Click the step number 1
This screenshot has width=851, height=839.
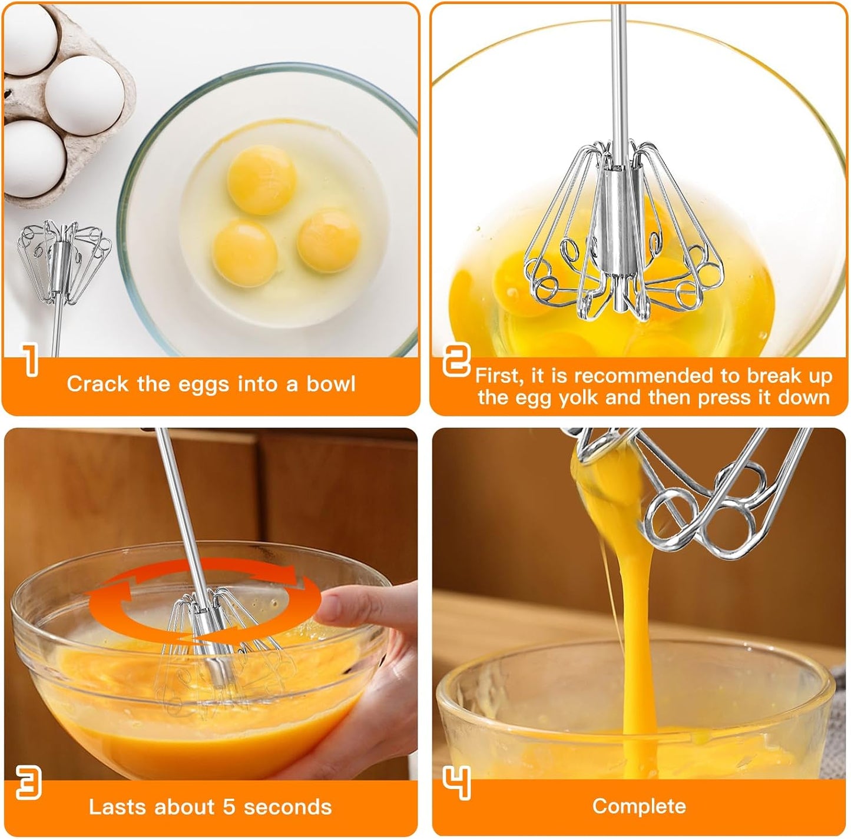(30, 360)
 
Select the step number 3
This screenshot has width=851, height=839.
(28, 783)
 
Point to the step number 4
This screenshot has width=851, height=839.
(457, 783)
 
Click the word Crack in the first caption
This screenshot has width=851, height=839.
(97, 384)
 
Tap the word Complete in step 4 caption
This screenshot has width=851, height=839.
(639, 806)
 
